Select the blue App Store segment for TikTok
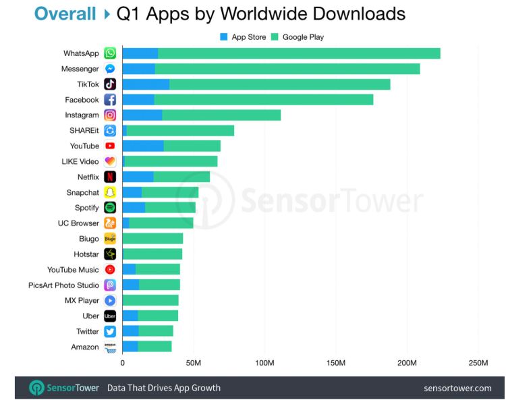(146, 84)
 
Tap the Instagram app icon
(110, 115)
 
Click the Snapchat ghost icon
(110, 192)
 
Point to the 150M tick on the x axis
(336, 364)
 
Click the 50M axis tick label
(194, 364)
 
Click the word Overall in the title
(65, 13)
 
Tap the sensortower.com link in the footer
(457, 388)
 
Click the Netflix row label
(88, 177)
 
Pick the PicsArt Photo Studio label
(63, 285)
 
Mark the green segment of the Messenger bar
(287, 69)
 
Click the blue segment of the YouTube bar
(143, 146)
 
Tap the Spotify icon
(110, 208)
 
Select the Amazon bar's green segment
(154, 347)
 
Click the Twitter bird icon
(110, 331)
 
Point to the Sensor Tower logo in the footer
(64, 388)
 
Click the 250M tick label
(478, 364)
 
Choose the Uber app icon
(110, 316)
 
